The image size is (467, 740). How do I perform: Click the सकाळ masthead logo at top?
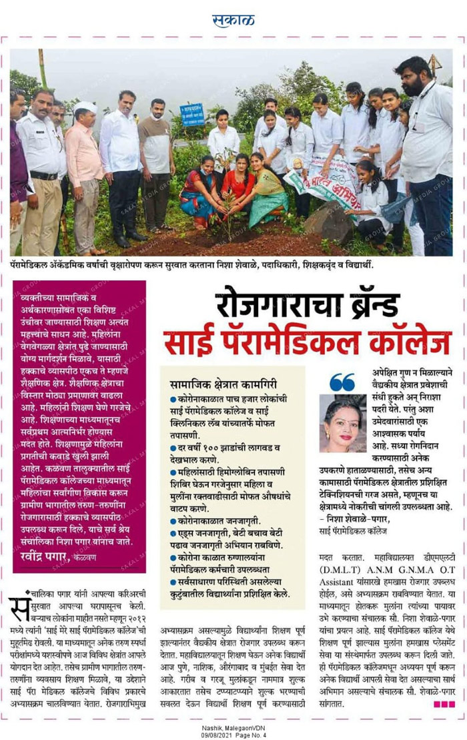tap(233, 20)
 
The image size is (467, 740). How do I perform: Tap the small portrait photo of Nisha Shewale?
tap(343, 423)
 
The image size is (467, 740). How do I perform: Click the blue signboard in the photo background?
tap(192, 114)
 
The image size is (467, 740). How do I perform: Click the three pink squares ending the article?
tap(444, 704)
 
